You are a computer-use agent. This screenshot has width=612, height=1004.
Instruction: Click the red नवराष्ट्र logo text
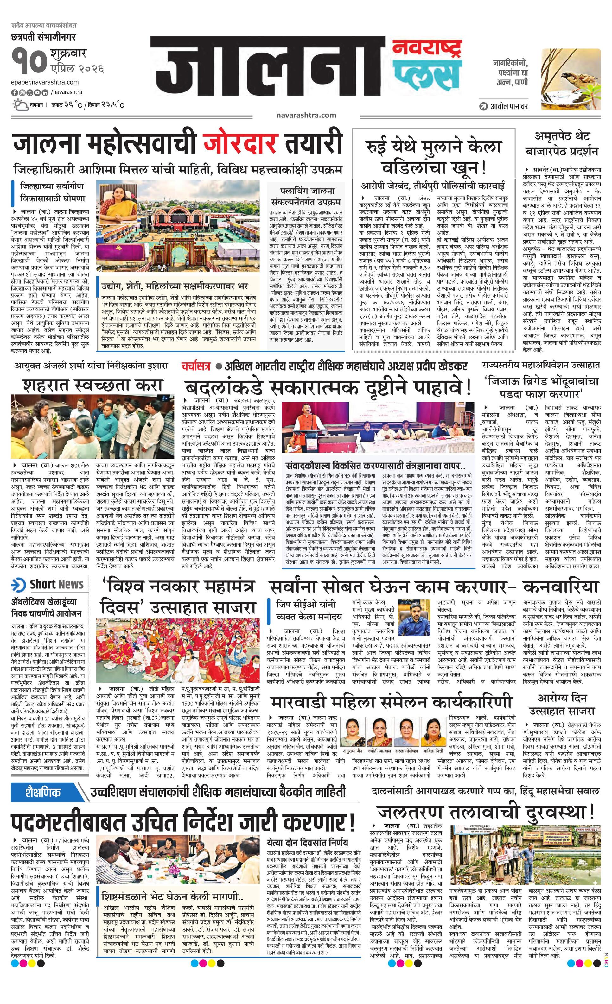pos(427,49)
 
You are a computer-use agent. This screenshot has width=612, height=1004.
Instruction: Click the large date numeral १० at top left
pos(29,60)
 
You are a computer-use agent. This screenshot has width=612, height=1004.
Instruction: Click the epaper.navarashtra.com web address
pos(45,82)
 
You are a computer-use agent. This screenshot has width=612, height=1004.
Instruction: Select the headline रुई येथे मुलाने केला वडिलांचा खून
pos(433,156)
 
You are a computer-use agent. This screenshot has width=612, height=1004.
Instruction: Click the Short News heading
pos(56,584)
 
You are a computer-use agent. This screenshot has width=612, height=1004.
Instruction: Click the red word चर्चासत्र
pos(196,366)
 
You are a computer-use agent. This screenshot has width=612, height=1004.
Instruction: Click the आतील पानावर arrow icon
pos(484,106)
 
